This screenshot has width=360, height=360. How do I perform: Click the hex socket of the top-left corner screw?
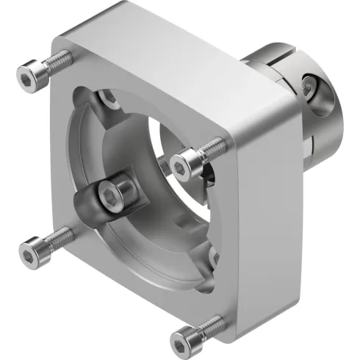point(29,75)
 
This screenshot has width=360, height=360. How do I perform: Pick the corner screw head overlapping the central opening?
point(187,159)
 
